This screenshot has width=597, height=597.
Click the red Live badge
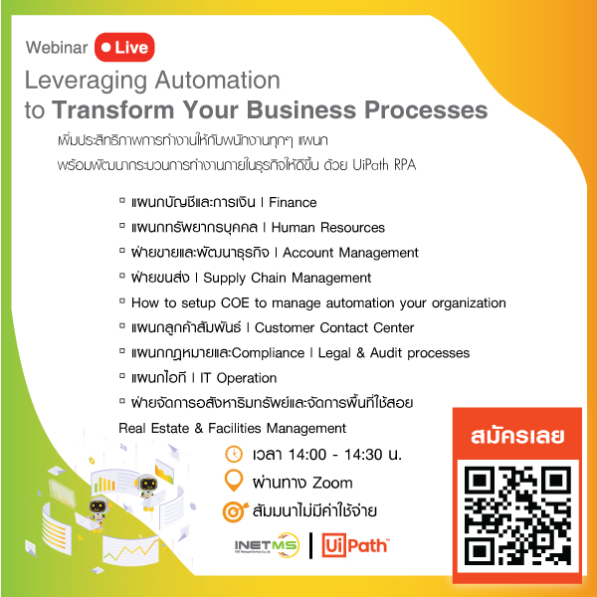tap(124, 47)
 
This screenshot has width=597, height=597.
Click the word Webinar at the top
tap(57, 48)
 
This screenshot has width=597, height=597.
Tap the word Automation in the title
tap(217, 80)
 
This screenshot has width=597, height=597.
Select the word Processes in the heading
tap(426, 109)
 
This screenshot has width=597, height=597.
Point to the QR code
tap(517, 515)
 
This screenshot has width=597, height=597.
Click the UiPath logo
tap(355, 545)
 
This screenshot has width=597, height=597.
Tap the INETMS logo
tap(267, 545)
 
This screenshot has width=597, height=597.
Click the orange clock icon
tap(234, 455)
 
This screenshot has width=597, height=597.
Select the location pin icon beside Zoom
tap(234, 481)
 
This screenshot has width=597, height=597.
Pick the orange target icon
tap(235, 511)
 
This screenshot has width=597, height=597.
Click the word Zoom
tap(332, 483)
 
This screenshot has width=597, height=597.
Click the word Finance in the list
tap(293, 202)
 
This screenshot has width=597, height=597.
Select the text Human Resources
tap(327, 227)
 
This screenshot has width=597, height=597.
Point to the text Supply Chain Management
tap(288, 278)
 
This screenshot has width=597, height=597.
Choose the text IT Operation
tap(239, 378)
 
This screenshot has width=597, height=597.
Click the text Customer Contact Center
tap(334, 327)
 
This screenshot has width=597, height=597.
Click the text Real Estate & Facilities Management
tap(232, 428)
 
